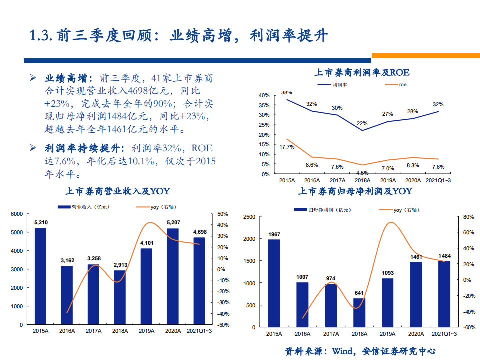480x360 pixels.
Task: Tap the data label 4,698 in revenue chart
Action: [200, 232]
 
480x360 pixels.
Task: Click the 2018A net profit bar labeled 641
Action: [359, 313]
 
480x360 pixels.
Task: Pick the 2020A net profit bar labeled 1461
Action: [417, 294]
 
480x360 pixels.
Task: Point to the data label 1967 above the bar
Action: [274, 234]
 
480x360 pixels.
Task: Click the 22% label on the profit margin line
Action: [362, 123]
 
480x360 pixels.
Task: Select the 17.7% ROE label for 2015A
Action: [287, 147]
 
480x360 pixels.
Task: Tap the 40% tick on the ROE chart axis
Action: [264, 95]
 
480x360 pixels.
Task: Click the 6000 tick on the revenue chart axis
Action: [17, 214]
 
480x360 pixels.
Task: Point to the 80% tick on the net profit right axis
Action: [468, 217]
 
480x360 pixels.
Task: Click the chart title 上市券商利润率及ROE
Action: [362, 72]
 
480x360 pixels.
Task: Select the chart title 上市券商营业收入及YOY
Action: [118, 191]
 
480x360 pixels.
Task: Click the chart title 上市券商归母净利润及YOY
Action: [355, 191]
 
